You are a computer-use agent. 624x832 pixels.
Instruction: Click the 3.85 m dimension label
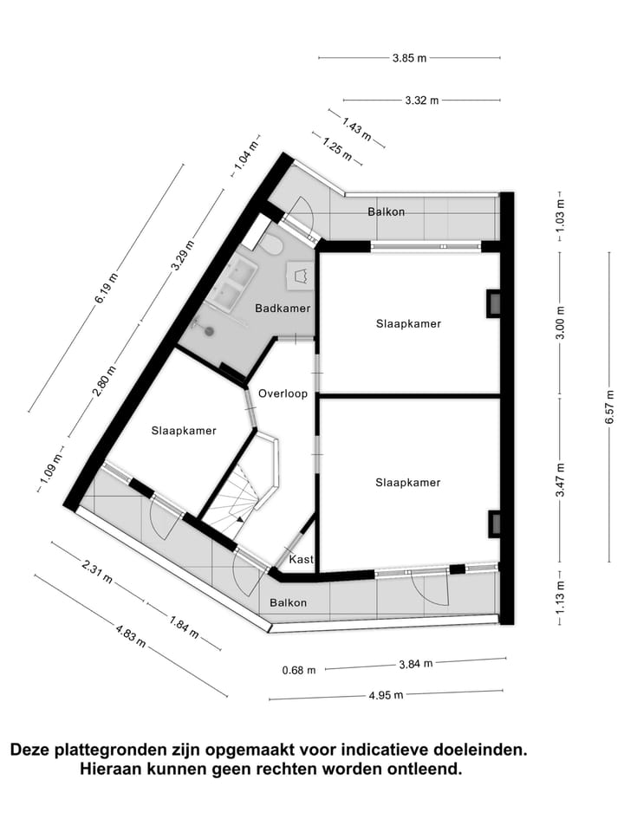409,58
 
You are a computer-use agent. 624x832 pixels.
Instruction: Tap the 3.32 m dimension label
422,100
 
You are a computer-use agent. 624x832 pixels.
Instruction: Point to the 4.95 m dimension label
387,695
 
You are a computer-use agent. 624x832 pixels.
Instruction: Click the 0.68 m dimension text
299,669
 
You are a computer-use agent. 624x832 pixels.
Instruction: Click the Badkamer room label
283,308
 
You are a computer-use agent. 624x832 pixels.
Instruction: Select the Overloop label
283,393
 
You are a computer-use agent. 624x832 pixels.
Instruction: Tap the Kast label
302,558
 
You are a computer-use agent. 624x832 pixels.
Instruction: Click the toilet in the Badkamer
272,244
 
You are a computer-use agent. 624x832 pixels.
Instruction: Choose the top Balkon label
386,211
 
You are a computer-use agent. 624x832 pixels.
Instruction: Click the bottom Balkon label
288,602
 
